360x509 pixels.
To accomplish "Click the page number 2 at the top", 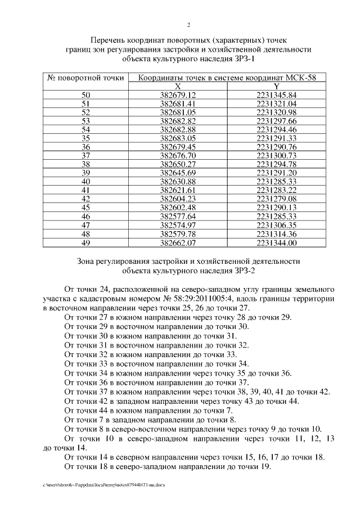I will coord(188,24).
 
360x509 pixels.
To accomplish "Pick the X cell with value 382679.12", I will coord(178,95).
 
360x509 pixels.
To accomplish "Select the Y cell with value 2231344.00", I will coord(276,243).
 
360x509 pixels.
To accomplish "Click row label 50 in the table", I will coord(85,95).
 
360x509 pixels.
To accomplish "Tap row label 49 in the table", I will coord(85,243).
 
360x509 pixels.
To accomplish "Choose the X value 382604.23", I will coord(178,199).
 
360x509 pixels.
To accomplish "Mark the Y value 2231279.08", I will coord(276,199).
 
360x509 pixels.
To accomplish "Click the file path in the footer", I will coord(103,484).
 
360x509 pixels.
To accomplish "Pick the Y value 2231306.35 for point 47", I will coord(276,226).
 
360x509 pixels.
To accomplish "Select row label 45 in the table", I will coord(85,208).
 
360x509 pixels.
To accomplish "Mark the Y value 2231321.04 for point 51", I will coord(276,104).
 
